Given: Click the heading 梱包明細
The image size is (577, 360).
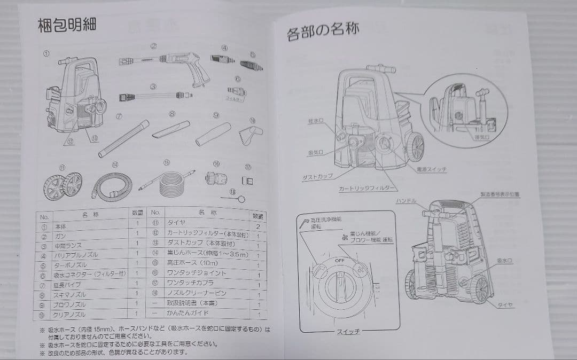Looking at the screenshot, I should tap(67, 25).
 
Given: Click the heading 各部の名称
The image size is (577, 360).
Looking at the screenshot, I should tap(323, 32).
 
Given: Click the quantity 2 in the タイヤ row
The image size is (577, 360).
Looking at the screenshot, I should tap(258, 226).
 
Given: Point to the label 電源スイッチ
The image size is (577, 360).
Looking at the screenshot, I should tap(431, 169).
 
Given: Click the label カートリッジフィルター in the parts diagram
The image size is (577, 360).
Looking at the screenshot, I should tap(368, 189).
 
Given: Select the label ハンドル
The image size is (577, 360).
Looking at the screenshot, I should tap(407, 200).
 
